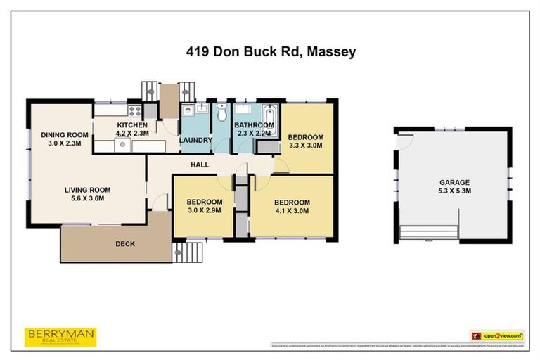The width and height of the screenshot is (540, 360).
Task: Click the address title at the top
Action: (x=270, y=51)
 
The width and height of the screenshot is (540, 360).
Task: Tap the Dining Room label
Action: (x=64, y=139)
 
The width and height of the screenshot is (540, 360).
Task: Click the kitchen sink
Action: (x=122, y=145)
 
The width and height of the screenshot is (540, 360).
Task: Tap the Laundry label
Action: (x=196, y=140)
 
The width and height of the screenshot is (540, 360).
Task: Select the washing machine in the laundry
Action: (x=188, y=111)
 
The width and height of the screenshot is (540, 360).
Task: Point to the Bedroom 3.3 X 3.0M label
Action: (x=306, y=141)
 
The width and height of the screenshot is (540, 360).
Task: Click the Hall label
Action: (x=200, y=165)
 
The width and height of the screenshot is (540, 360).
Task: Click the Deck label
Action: (x=125, y=244)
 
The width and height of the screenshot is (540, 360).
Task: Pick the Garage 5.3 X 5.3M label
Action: (x=454, y=186)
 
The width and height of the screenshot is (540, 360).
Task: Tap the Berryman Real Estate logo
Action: (x=60, y=337)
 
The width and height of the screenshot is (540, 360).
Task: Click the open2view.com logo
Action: (x=498, y=336)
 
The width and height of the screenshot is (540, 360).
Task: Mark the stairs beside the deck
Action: (x=187, y=250)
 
